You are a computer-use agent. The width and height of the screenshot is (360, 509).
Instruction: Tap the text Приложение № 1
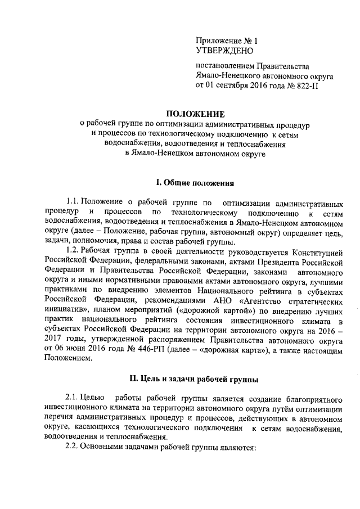point(226,40)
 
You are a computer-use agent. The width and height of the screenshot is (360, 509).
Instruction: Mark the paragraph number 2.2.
point(73,448)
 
